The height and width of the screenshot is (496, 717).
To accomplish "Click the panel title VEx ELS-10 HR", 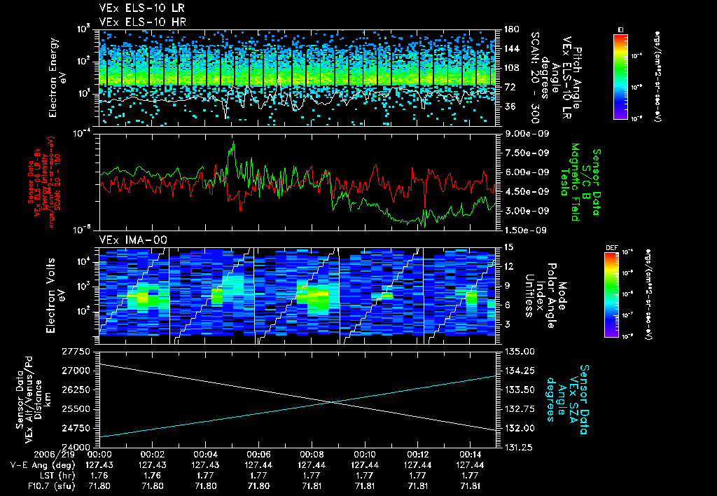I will coord(137,22).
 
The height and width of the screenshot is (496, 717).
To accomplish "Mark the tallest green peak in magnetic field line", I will coord(233,143).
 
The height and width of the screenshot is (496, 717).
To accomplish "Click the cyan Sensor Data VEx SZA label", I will coord(569,394).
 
